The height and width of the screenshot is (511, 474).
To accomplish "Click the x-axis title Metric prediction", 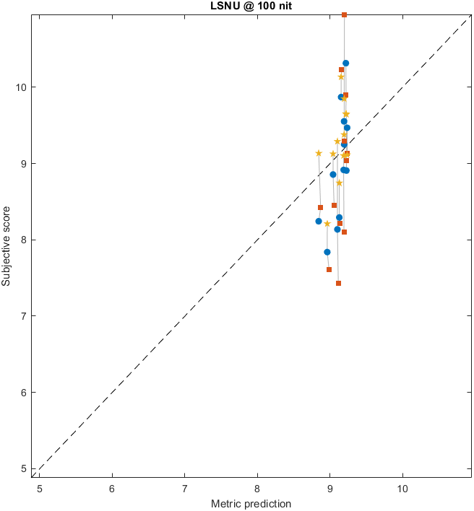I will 251,503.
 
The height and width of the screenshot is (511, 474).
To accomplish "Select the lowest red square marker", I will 338,283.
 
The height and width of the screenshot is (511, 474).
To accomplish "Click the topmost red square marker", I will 344,14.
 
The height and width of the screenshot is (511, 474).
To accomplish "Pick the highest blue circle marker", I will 346,64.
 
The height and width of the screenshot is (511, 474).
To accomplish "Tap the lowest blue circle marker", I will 327,252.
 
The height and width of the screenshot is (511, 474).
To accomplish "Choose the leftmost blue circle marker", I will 319,221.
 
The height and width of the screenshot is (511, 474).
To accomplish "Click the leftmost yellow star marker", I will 319,153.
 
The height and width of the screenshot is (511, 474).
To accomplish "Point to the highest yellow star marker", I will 341,77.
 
